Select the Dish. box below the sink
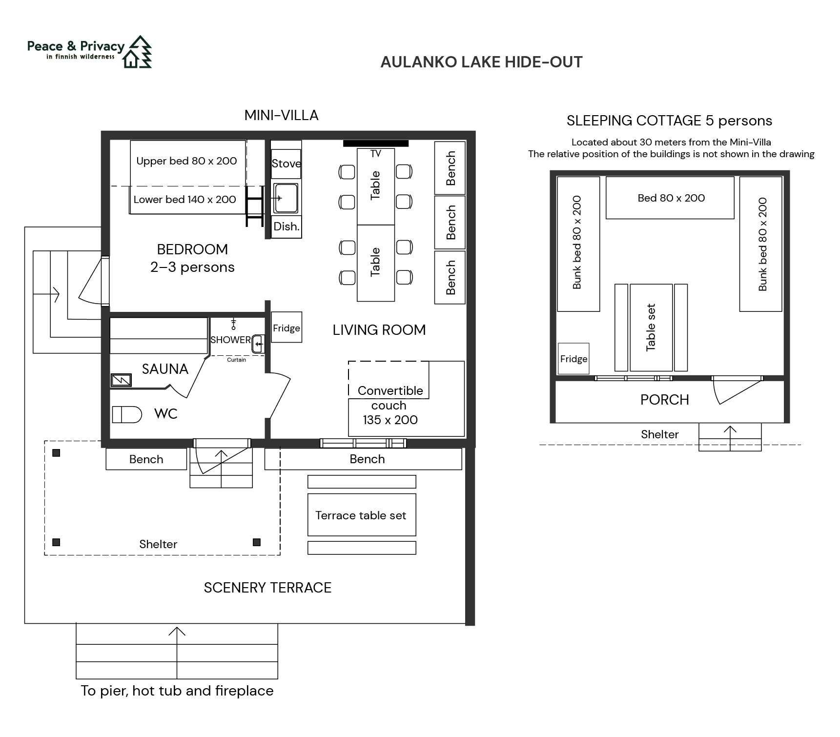[x=286, y=226]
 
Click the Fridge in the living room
[x=287, y=327]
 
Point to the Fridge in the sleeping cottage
[x=574, y=359]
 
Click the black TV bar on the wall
[x=376, y=143]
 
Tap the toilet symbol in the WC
[x=127, y=414]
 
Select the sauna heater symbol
[x=121, y=380]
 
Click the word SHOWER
[x=230, y=340]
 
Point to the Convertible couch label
[x=390, y=405]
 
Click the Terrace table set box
[x=362, y=515]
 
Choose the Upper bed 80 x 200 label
[x=186, y=161]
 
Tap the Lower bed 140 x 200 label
[x=184, y=199]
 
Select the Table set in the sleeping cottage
[x=651, y=328]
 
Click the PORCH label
[x=665, y=400]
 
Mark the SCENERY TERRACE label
[x=267, y=588]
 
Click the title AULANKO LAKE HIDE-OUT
[x=481, y=62]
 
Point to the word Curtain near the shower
[x=237, y=360]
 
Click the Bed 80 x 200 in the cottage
[x=670, y=198]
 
